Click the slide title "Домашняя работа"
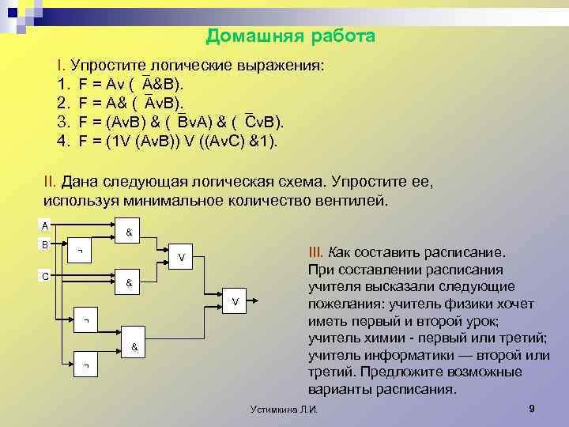[x=290, y=36]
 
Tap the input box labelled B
[x=46, y=244]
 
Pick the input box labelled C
[x=46, y=276]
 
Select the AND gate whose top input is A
[x=129, y=232]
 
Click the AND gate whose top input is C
[x=129, y=282]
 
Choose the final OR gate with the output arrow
[x=235, y=300]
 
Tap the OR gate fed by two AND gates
[x=182, y=257]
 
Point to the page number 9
[x=531, y=408]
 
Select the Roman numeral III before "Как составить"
[x=315, y=252]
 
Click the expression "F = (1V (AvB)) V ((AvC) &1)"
[x=178, y=141]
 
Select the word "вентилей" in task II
[x=349, y=200]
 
